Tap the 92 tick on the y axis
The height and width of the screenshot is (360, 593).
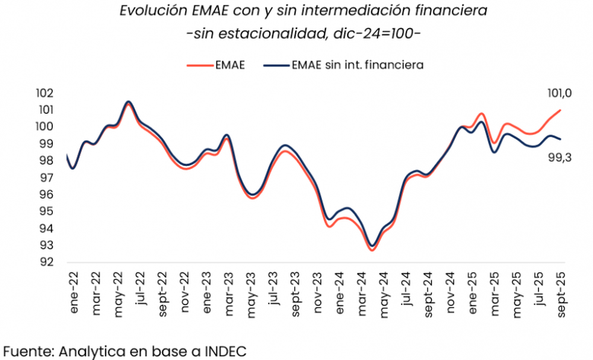[x=46, y=262]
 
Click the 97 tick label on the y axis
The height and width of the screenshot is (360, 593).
[x=46, y=178]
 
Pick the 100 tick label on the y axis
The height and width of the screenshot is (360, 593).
[x=44, y=127]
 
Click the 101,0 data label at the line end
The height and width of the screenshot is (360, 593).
[x=559, y=94]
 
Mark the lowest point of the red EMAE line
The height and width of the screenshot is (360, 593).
[x=372, y=250]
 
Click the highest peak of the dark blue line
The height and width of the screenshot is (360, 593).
[x=128, y=101]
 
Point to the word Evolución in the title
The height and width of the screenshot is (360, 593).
[x=145, y=11]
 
